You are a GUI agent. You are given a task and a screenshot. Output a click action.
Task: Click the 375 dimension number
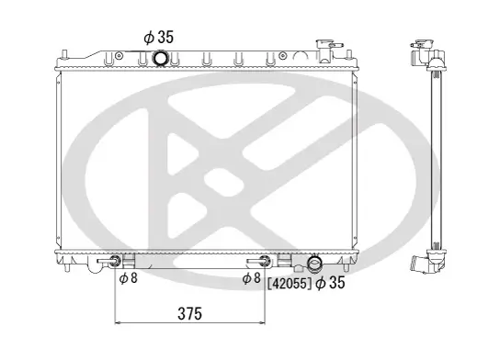point(188,313)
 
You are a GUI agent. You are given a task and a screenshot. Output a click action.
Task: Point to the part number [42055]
point(289,284)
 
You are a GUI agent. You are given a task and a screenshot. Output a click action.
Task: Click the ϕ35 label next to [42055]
point(329,284)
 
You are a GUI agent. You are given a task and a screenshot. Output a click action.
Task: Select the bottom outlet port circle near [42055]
point(315,264)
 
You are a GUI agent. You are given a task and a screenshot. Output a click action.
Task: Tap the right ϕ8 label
point(252,278)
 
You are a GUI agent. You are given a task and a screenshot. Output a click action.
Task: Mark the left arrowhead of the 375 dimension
point(118,323)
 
